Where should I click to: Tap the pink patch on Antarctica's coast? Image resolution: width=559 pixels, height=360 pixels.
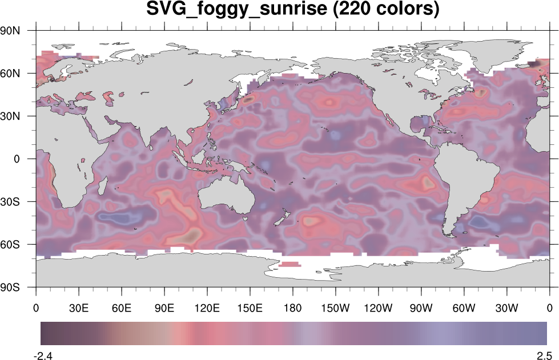pos(291,264)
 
